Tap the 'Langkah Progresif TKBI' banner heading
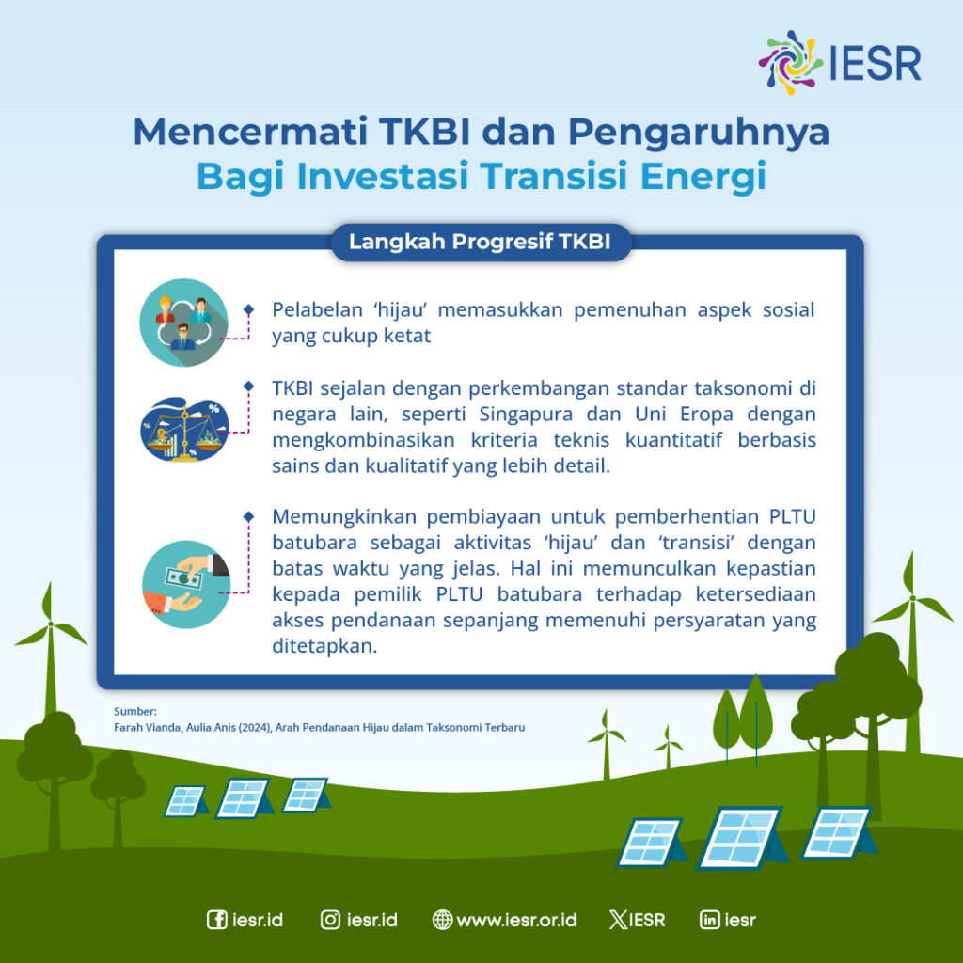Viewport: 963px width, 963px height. pyautogui.click(x=480, y=242)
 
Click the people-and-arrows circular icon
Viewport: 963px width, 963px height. pyautogui.click(x=184, y=323)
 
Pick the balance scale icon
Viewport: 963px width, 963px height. pyautogui.click(x=184, y=430)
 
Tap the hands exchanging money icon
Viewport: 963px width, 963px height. pyautogui.click(x=186, y=583)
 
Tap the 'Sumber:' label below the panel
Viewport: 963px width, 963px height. pyautogui.click(x=135, y=711)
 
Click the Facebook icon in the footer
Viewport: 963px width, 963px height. pyautogui.click(x=216, y=920)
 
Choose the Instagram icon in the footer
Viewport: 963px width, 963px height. pyautogui.click(x=330, y=920)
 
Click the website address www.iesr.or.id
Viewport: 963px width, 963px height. pyautogui.click(x=516, y=920)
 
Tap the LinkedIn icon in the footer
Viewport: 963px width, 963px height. pyautogui.click(x=710, y=920)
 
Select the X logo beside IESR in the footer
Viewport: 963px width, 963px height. pyautogui.click(x=618, y=920)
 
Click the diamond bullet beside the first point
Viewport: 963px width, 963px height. pyautogui.click(x=248, y=309)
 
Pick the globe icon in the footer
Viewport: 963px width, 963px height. pyautogui.click(x=442, y=920)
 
